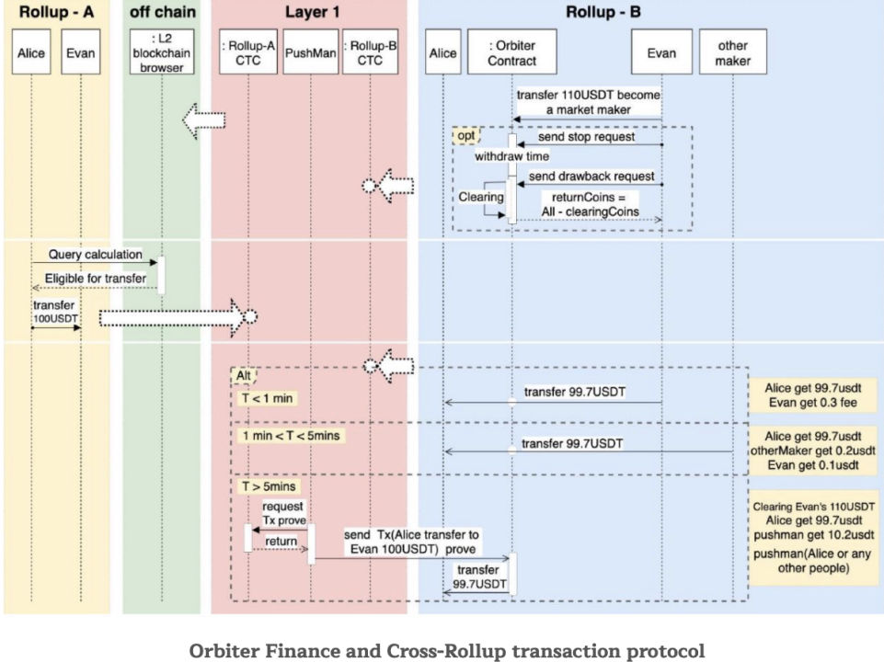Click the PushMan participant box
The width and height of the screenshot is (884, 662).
[310, 53]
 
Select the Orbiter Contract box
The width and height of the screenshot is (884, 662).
[512, 53]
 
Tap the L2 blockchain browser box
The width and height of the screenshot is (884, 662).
[162, 52]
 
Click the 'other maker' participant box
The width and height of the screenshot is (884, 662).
[733, 53]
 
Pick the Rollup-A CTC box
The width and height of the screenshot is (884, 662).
[247, 53]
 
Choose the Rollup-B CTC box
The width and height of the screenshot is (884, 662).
[370, 53]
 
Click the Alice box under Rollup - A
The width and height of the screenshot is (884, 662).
[30, 53]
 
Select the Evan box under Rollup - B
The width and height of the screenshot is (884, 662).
[662, 53]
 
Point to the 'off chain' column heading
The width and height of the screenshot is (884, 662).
[161, 13]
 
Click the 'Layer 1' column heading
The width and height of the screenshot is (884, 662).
[308, 13]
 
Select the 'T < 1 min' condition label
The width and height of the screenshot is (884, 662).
[266, 397]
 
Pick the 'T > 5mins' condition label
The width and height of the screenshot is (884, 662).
[267, 485]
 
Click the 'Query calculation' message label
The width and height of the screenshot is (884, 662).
[83, 254]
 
